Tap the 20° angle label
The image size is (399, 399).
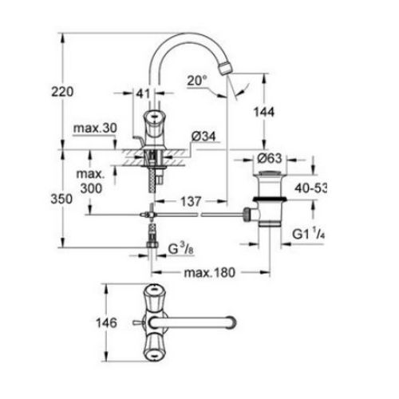198,80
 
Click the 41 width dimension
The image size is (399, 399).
143,94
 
